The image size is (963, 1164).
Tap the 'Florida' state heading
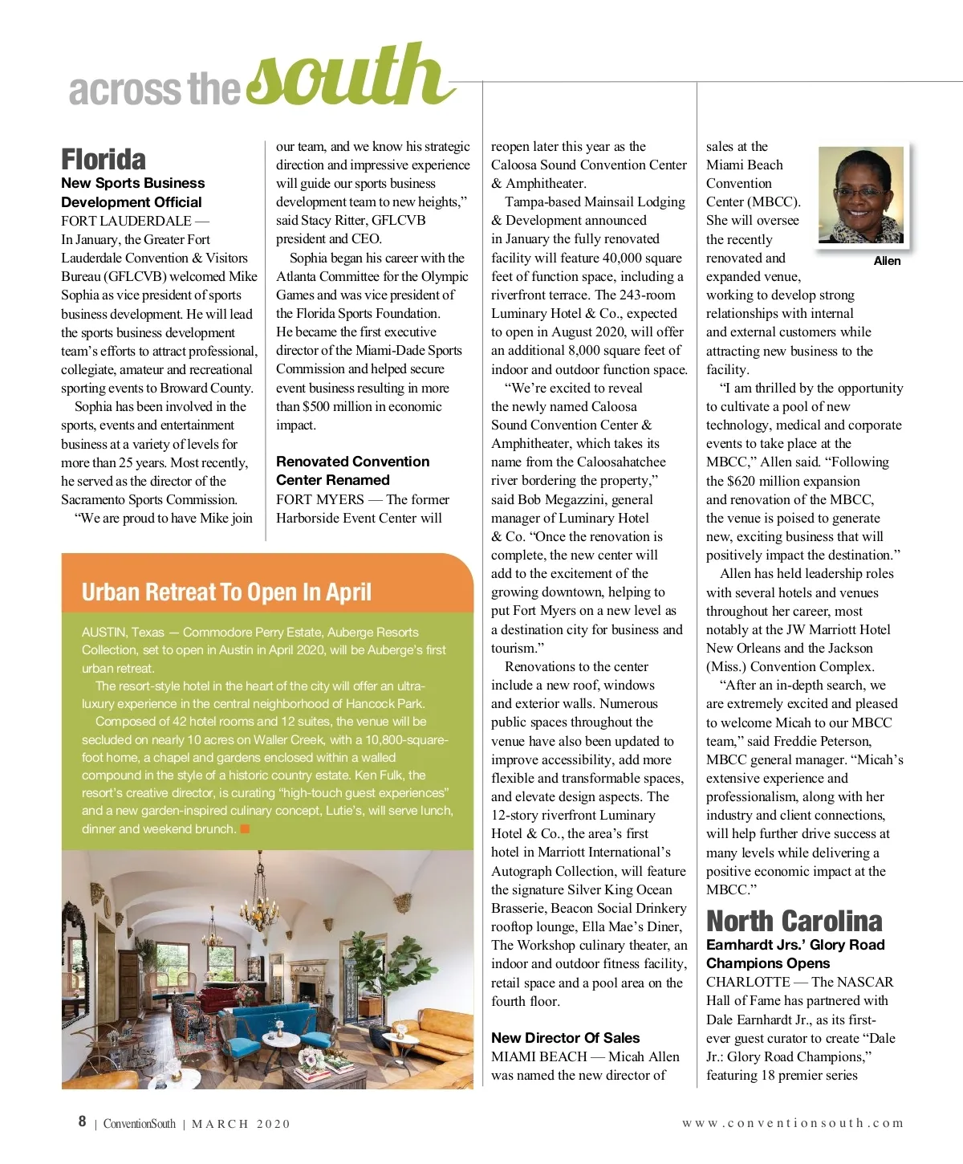tap(104, 159)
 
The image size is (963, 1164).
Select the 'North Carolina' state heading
tap(794, 921)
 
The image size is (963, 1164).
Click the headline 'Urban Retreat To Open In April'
tap(226, 592)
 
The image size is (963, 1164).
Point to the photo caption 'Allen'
tap(887, 261)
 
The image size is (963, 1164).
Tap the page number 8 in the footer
tap(82, 1121)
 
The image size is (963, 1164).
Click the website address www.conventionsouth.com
tap(792, 1123)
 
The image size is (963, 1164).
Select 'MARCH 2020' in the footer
tap(241, 1124)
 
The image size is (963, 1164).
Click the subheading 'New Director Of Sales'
tap(565, 1038)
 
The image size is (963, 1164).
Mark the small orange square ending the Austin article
tap(245, 828)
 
